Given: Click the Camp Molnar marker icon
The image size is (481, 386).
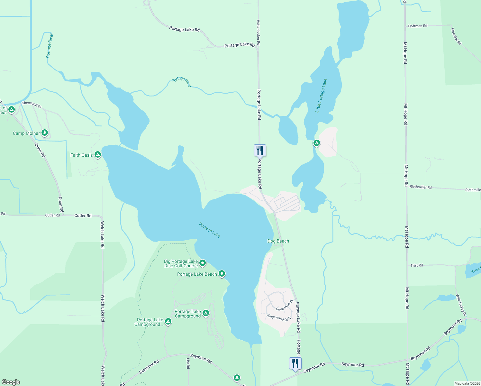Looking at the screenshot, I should [45, 133].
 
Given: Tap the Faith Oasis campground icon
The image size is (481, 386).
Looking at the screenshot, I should [98, 155].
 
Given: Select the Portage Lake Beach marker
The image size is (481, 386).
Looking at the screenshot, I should [222, 274].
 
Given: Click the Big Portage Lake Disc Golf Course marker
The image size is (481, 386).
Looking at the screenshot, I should [203, 263].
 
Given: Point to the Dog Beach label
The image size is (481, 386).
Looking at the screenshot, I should [278, 241].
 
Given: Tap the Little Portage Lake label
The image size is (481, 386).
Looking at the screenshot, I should [321, 96].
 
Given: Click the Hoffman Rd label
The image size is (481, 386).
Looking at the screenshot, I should [418, 26].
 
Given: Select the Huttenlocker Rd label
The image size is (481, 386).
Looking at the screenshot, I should [258, 32].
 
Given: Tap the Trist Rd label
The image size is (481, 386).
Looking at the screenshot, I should [417, 265].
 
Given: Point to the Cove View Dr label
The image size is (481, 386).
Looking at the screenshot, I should [285, 305].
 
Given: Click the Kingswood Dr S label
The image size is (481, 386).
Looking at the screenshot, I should [279, 317].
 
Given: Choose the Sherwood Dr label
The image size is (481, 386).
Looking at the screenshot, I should [32, 104].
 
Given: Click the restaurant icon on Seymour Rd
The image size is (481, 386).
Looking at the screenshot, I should [295, 363].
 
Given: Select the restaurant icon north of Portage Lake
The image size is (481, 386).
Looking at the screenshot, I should [260, 150].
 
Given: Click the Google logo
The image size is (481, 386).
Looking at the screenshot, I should [11, 382].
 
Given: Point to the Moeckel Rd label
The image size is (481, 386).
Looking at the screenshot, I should [456, 36].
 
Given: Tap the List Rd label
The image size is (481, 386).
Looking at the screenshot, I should [188, 363].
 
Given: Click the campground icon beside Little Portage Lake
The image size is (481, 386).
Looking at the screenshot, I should [317, 142].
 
